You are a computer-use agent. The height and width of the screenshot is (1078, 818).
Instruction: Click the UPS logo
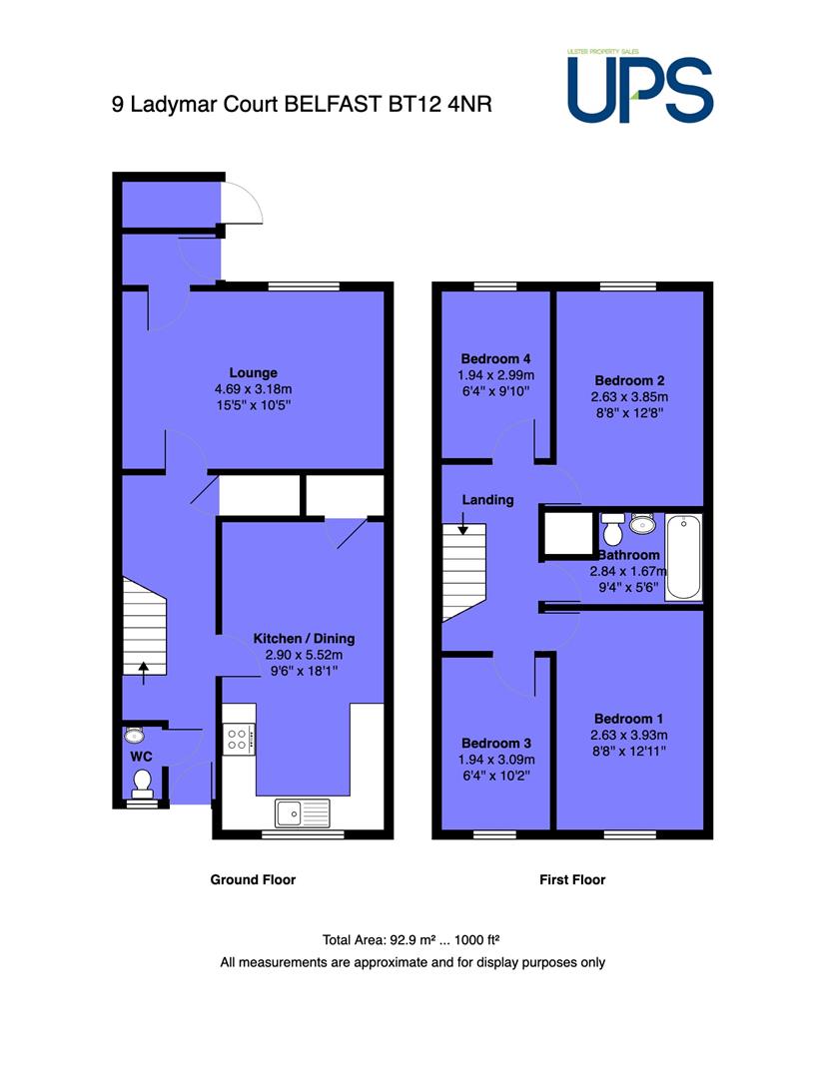(x=640, y=87)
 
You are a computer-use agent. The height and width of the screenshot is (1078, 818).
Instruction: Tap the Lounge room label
(x=253, y=372)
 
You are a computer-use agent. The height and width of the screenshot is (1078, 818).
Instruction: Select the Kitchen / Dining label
(x=304, y=638)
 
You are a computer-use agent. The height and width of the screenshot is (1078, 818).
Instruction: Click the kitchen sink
(x=302, y=813)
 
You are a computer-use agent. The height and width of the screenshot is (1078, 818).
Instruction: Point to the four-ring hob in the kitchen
(x=239, y=739)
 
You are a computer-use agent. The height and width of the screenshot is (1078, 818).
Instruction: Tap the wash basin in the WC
(x=134, y=735)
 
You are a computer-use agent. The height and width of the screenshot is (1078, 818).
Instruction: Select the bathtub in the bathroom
(x=683, y=557)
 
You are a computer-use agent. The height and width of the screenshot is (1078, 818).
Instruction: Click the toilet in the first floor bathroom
(x=612, y=528)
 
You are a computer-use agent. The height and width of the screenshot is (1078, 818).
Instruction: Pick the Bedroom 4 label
(x=495, y=359)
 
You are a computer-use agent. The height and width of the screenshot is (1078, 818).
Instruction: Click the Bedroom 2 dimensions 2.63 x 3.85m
(x=629, y=396)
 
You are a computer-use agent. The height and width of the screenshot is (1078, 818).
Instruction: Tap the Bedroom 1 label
(x=629, y=719)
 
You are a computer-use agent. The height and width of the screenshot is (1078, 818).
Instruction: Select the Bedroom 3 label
(x=496, y=744)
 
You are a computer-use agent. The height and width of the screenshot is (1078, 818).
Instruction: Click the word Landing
(x=487, y=500)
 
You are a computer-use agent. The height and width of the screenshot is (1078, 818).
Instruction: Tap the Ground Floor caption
(x=253, y=879)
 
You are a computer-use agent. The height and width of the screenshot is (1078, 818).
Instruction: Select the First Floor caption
(x=572, y=879)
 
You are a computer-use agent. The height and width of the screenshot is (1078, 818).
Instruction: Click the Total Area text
(x=410, y=940)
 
